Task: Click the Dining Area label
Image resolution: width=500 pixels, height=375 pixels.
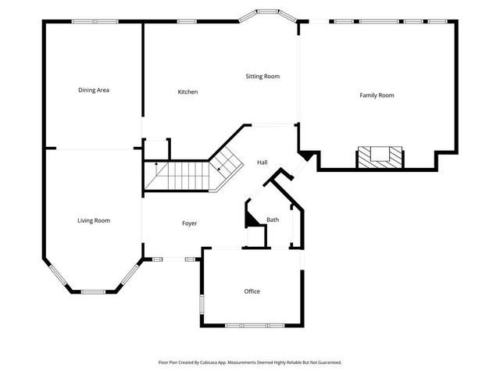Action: pyautogui.click(x=93, y=91)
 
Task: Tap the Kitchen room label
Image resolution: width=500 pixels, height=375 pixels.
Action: pyautogui.click(x=187, y=92)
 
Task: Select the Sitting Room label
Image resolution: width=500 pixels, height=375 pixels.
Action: pyautogui.click(x=262, y=77)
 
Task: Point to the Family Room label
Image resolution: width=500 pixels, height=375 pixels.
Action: pyautogui.click(x=377, y=95)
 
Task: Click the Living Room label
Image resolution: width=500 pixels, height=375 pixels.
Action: pyautogui.click(x=93, y=221)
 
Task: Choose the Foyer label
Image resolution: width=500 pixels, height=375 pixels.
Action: pyautogui.click(x=189, y=223)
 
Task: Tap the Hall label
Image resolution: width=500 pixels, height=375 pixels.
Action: pyautogui.click(x=262, y=162)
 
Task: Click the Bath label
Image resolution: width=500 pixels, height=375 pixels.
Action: pyautogui.click(x=273, y=220)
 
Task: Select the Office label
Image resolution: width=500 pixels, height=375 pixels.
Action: pyautogui.click(x=252, y=291)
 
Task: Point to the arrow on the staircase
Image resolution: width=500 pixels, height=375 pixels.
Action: pyautogui.click(x=155, y=165)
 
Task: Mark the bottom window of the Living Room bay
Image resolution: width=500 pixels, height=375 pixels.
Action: pyautogui.click(x=93, y=291)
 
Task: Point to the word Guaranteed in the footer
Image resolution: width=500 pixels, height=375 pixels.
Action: pyautogui.click(x=328, y=362)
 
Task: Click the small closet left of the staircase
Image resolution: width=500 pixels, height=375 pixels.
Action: pyautogui.click(x=156, y=148)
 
